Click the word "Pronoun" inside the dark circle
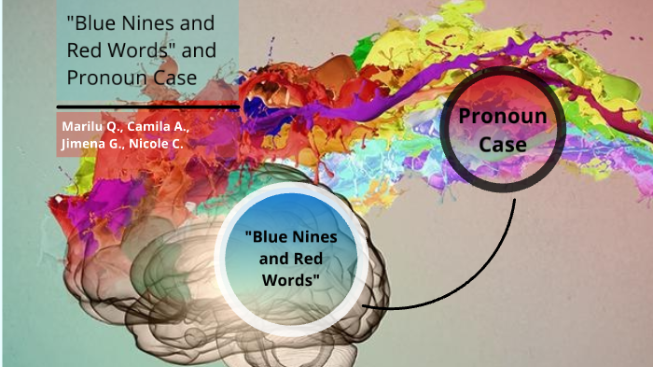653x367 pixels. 505,117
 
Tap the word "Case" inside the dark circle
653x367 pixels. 505,145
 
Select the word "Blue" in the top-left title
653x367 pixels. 93,21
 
